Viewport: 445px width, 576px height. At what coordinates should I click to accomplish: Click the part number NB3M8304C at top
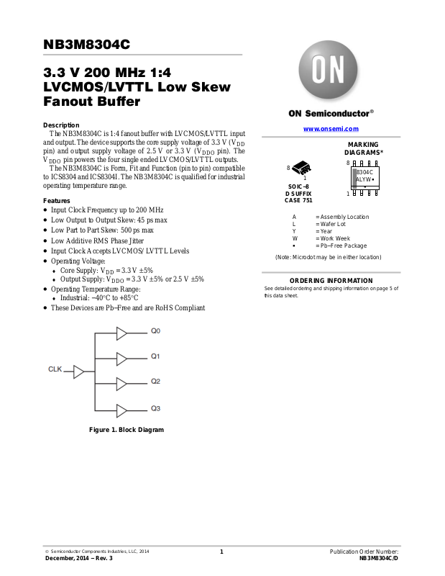click(87, 45)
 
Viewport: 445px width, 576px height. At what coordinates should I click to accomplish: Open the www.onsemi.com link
click(331, 128)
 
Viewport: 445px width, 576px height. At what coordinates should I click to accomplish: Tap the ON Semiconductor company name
click(331, 113)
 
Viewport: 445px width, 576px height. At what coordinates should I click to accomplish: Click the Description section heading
click(62, 125)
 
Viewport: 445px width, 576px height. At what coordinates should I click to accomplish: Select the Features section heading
click(57, 200)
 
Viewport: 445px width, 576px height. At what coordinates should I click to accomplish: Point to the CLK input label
click(55, 369)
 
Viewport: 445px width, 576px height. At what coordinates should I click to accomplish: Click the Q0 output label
click(155, 331)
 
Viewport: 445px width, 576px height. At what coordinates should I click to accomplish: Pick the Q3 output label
click(155, 408)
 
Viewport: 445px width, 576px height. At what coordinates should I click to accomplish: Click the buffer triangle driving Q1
click(121, 358)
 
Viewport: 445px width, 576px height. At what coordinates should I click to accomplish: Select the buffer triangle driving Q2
click(121, 384)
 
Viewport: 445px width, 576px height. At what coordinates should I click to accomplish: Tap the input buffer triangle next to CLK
click(78, 372)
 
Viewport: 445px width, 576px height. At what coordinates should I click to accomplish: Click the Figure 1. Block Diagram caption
click(127, 430)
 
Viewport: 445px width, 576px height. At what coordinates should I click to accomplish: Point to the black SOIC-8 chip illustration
click(302, 168)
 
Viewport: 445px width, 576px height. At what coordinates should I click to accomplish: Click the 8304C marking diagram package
click(364, 177)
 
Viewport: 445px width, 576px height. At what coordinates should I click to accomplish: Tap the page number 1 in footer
click(222, 552)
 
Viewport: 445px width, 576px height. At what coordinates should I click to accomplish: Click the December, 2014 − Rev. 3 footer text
click(79, 558)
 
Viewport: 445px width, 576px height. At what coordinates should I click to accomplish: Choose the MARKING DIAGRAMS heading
click(364, 149)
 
